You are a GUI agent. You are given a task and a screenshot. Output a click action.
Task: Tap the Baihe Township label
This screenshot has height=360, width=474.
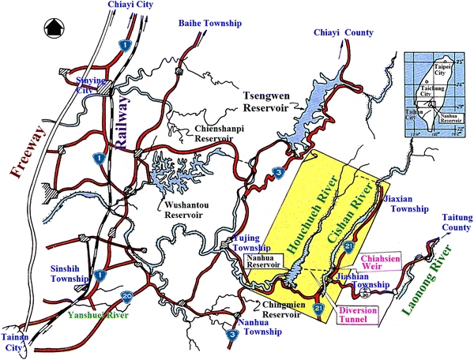pos(211,24)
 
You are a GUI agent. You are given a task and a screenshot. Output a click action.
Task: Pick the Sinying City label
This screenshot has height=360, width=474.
pos(89,85)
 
